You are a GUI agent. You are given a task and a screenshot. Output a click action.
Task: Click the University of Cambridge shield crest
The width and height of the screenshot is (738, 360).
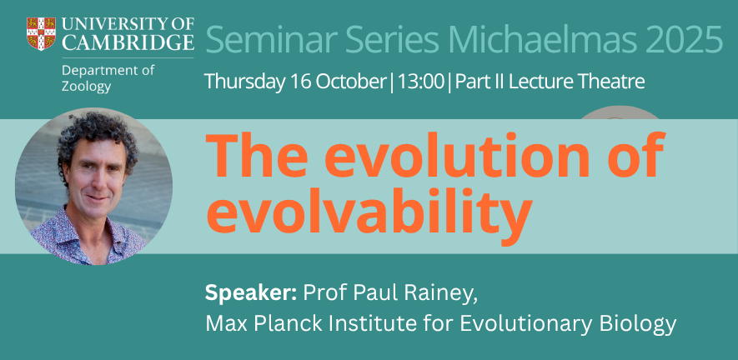pos(41,33)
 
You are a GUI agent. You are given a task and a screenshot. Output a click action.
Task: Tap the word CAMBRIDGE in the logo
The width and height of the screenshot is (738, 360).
pos(128,42)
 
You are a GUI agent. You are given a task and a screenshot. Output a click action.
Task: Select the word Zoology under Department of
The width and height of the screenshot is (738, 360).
pos(87,87)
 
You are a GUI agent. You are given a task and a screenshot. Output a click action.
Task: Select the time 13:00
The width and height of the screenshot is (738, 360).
pos(421,82)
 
